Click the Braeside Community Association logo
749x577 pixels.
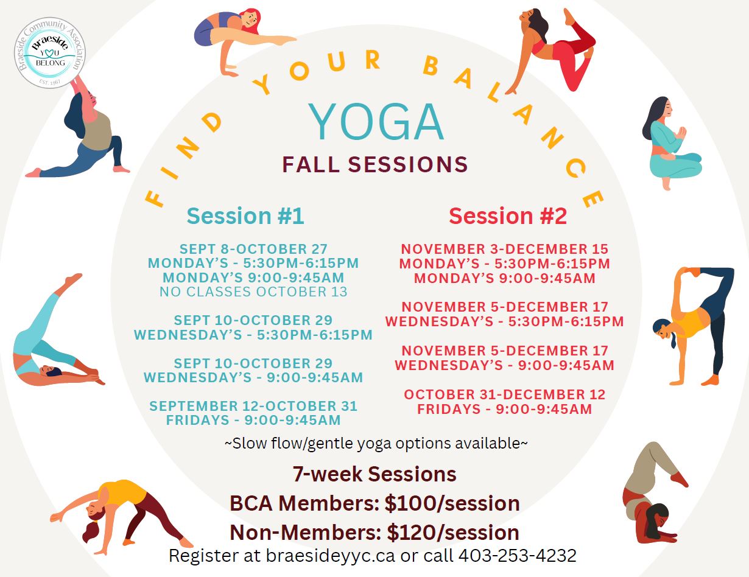pos(50,53)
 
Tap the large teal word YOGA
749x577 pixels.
pos(375,122)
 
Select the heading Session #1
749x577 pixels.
pos(245,216)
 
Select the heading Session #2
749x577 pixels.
pos(508,216)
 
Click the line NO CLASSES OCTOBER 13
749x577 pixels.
pos(253,292)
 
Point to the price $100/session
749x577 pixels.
pos(452,503)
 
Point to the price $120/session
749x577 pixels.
pos(453,533)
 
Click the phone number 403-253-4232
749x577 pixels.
pos(518,556)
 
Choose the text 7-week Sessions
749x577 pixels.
pos(374,474)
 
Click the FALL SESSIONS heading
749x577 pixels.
pos(375,164)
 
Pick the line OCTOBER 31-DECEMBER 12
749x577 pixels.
pos(505,395)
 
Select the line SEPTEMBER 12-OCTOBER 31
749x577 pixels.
pos(253,406)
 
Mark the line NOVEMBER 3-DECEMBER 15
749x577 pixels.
pos(505,249)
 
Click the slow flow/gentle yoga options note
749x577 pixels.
pos(376,443)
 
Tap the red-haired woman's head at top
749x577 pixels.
pos(250,19)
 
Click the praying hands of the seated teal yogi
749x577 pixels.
pos(681,133)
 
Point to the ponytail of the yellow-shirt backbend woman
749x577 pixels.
pos(91,532)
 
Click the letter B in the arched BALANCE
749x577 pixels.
pos(431,66)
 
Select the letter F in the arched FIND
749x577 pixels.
pos(154,199)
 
